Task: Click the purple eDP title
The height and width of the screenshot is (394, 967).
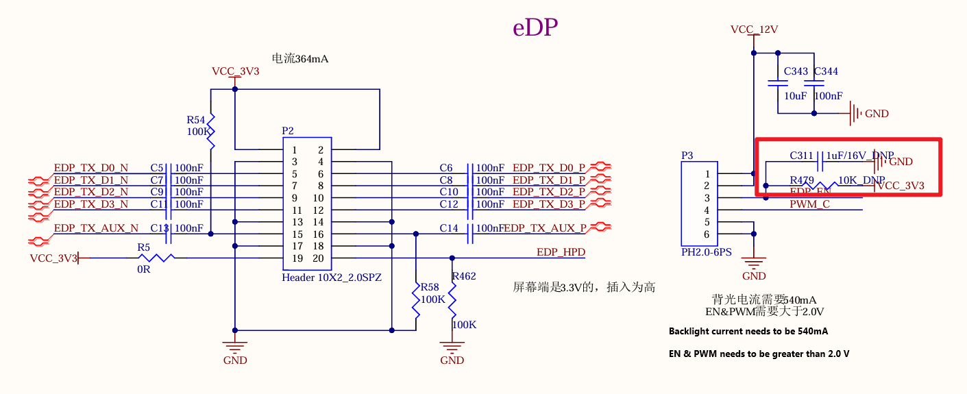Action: (535, 27)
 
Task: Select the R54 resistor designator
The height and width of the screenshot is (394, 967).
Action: (196, 119)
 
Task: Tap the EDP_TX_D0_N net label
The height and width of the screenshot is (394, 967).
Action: (91, 168)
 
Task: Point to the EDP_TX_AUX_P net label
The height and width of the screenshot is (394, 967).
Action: (545, 228)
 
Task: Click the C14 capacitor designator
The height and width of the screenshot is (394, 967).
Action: (449, 228)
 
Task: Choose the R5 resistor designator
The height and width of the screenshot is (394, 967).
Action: (143, 247)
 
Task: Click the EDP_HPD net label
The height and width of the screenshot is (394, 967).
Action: (561, 252)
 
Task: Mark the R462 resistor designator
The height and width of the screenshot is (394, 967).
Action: (464, 276)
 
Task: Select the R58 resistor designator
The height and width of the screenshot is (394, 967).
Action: (430, 287)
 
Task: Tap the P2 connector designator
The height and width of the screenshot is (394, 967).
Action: (288, 130)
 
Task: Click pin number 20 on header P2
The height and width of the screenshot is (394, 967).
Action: (318, 258)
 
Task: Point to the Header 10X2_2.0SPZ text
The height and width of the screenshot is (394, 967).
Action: (332, 278)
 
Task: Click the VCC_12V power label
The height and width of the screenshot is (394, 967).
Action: (754, 29)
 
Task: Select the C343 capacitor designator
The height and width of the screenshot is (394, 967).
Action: (796, 71)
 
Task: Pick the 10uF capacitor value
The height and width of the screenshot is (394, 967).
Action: (796, 96)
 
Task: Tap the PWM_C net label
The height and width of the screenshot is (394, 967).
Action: (809, 204)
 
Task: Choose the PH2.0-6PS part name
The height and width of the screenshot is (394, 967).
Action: (706, 252)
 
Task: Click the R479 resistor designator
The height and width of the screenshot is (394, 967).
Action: (802, 180)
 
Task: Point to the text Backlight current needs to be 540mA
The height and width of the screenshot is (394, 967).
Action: (748, 332)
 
